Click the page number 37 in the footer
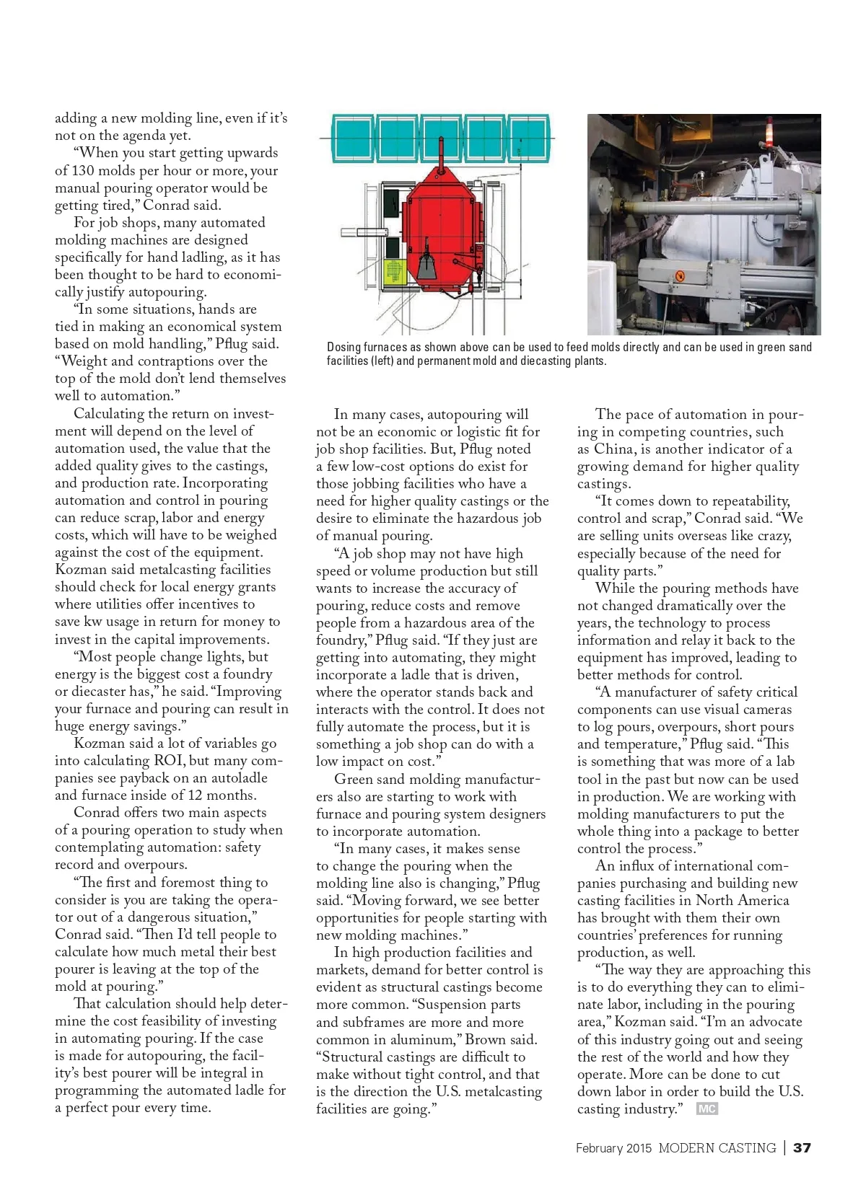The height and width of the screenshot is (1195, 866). [802, 1147]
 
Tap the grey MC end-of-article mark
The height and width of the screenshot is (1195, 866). [707, 1108]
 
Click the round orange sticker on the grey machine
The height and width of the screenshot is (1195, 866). [678, 275]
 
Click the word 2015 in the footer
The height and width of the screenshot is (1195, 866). [639, 1148]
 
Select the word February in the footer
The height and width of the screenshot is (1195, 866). [599, 1148]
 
